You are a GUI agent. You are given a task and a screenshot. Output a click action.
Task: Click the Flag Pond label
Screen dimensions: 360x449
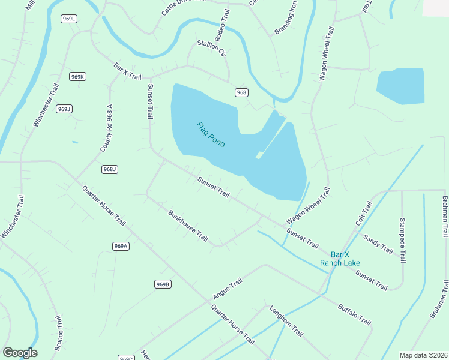pos(211,134)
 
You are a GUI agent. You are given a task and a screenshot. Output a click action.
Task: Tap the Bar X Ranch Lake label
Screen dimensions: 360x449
pos(340,259)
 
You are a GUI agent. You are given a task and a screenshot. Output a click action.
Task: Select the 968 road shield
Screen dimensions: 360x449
pos(241,92)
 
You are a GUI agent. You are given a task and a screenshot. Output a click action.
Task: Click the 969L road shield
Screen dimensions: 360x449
pos(69,19)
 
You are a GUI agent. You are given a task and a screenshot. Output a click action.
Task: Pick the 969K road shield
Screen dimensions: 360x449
pos(77,76)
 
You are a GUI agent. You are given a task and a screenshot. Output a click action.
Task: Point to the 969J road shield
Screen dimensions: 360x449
pos(64,109)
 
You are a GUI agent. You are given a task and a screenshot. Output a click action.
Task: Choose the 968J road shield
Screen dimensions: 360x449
pos(109,169)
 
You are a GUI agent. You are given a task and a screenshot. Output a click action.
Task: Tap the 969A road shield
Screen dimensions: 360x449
pos(121,246)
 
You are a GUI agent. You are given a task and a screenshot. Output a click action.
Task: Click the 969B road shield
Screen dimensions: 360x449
pos(163,284)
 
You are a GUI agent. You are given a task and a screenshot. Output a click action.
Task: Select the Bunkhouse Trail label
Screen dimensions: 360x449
pos(188,226)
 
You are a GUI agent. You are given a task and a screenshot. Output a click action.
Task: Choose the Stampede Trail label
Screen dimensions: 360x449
pos(403,240)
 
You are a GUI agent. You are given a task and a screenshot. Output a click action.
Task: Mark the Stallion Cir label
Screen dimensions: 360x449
pos(211,48)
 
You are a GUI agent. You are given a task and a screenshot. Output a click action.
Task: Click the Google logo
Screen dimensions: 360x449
pos(20,353)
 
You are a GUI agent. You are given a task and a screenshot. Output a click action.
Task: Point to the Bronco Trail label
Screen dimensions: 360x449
pos(59,334)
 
